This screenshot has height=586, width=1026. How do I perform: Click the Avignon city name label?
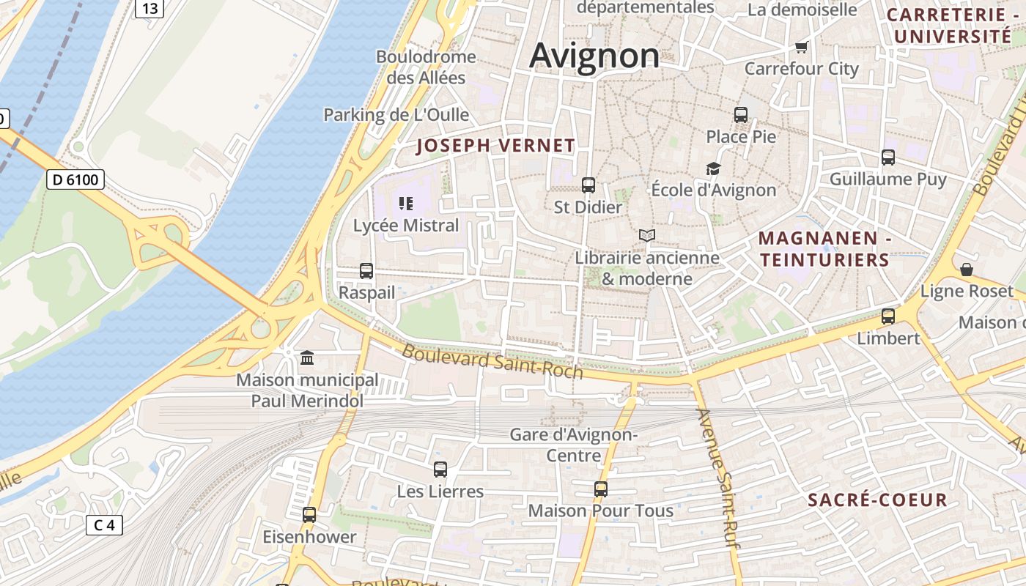pos(594,56)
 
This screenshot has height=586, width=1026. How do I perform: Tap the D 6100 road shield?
pos(75,179)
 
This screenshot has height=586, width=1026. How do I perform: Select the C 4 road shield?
pos(104,524)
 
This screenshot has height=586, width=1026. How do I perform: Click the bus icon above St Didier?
pos(588,185)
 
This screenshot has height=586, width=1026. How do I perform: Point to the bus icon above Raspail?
pos(366,271)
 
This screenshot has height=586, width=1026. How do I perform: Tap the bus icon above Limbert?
pos(888,316)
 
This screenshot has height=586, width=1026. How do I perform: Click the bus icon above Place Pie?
pos(741,115)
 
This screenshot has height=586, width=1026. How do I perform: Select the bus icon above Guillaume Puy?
pos(888,157)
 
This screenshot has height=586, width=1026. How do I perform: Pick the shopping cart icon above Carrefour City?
pos(801,48)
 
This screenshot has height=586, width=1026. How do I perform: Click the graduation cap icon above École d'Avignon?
pos(713,168)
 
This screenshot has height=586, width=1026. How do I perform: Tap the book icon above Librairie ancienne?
pos(646,235)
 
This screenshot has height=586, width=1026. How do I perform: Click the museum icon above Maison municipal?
pos(307,358)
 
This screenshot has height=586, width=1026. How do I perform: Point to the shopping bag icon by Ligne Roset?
pos(967,270)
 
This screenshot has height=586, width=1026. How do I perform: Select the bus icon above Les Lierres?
pos(440,470)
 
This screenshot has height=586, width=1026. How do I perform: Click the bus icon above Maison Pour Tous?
pos(601,489)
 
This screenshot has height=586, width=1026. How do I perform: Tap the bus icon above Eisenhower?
pos(309,515)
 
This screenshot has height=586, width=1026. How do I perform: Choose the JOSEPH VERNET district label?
pos(495,146)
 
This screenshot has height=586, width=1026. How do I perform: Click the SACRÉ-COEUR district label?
pos(877,500)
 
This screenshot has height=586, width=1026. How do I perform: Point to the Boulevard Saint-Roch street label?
pos(492,362)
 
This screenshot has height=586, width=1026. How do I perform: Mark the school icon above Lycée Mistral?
pos(406,203)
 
